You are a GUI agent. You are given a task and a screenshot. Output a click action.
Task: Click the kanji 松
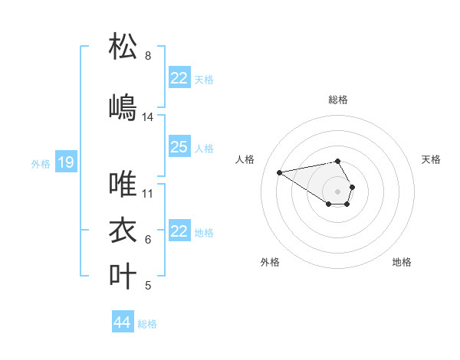point(123,47)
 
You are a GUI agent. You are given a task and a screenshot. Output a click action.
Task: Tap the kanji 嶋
point(123,108)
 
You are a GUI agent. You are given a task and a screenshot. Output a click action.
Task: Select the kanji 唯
point(123,185)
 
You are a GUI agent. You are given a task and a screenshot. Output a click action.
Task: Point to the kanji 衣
point(123,231)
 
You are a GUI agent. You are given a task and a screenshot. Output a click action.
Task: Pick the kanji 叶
point(123,277)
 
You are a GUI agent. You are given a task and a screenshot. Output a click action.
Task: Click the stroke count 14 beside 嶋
point(148,117)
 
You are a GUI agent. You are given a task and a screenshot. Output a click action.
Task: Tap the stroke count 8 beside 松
point(148,56)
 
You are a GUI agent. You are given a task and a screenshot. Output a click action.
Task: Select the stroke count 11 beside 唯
point(148,194)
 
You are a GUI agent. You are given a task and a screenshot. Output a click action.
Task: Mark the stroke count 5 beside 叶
point(148,286)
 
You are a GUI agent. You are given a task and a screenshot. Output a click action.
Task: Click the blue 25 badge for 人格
point(179,147)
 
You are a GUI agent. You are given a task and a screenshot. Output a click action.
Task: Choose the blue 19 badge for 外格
point(65,162)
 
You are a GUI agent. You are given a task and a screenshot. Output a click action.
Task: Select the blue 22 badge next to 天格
point(179,78)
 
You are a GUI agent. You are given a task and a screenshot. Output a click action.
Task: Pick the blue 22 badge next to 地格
point(179,231)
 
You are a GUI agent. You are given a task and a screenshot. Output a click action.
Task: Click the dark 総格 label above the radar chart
point(338,100)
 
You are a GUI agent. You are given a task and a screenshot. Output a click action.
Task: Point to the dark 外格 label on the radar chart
point(270,262)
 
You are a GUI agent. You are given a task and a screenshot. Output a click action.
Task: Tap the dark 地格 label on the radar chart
point(402,262)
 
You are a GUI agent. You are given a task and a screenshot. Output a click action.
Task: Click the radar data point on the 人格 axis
point(280,172)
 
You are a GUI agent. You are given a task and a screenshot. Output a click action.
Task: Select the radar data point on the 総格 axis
point(338,161)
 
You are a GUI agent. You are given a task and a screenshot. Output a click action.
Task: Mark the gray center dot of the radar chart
point(338,191)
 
